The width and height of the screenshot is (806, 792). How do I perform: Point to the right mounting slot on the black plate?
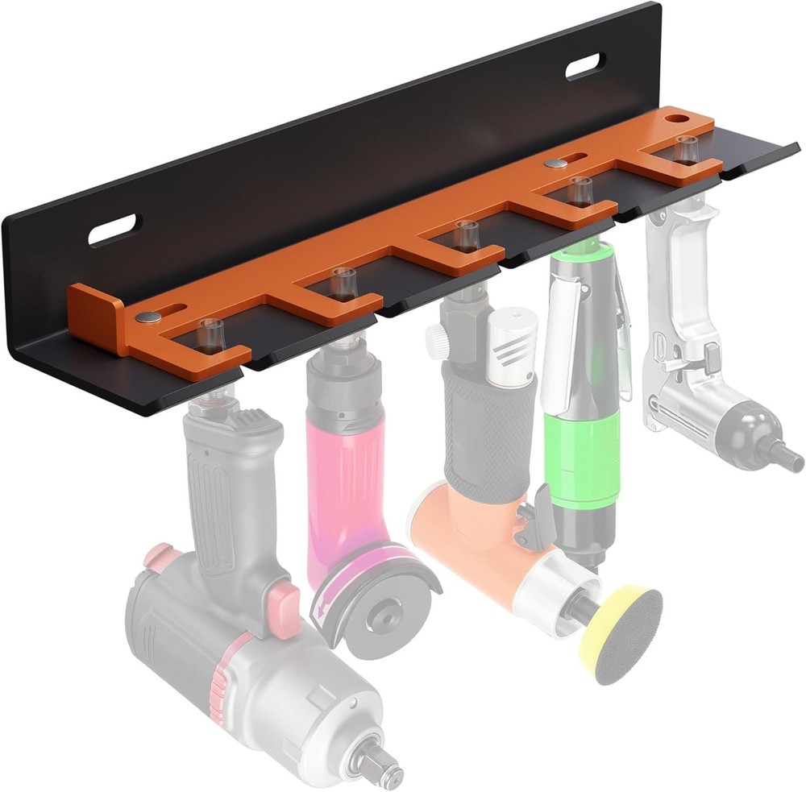pyautogui.click(x=585, y=66)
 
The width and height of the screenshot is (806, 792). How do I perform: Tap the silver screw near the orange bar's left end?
pyautogui.click(x=147, y=317)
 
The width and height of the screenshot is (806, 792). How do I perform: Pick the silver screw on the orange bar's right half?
pyautogui.click(x=555, y=164)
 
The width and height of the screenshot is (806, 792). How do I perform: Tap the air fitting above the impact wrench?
pyautogui.click(x=211, y=334)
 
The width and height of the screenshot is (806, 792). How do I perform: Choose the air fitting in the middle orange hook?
pyautogui.click(x=465, y=234)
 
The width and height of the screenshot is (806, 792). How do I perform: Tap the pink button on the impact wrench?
pyautogui.click(x=283, y=600)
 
